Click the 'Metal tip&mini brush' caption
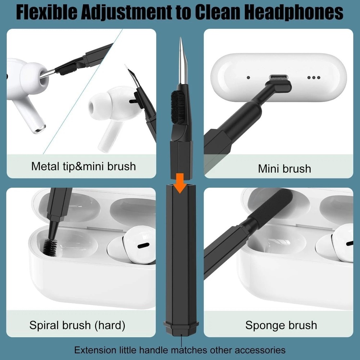pyautogui.click(x=84, y=166)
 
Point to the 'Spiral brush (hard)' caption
pyautogui.click(x=77, y=326)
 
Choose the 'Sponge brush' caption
pyautogui.click(x=281, y=326)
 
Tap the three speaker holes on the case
pyautogui.click(x=314, y=77)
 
